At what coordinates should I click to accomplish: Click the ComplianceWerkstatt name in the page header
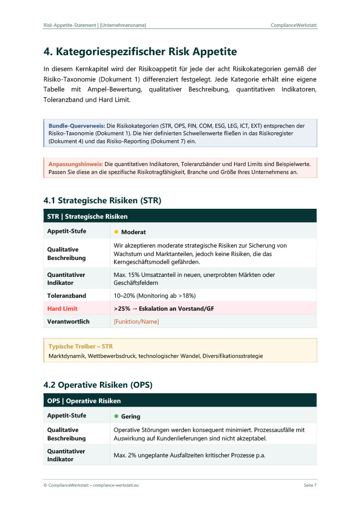pyautogui.click(x=294, y=25)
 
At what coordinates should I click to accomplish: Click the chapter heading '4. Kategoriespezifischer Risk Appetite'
pyautogui.click(x=140, y=52)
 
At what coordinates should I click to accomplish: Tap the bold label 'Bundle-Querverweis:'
pyautogui.click(x=77, y=126)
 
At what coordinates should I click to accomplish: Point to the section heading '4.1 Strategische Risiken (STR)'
pyautogui.click(x=102, y=200)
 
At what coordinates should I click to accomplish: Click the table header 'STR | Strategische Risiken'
pyautogui.click(x=87, y=216)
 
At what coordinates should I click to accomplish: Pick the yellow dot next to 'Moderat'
pyautogui.click(x=116, y=232)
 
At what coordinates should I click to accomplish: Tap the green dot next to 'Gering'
pyautogui.click(x=116, y=416)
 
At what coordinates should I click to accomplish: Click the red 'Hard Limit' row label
pyautogui.click(x=62, y=309)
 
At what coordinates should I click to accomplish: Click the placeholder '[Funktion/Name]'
pyautogui.click(x=136, y=322)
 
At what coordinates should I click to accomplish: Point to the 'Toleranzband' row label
pyautogui.click(x=66, y=296)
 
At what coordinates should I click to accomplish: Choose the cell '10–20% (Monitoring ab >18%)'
pyautogui.click(x=156, y=296)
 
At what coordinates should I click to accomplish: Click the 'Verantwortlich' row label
pyautogui.click(x=68, y=322)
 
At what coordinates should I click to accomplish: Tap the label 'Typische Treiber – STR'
pyautogui.click(x=81, y=346)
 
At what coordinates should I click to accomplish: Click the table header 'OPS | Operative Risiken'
pyautogui.click(x=84, y=401)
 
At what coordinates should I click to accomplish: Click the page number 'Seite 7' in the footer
pyautogui.click(x=310, y=485)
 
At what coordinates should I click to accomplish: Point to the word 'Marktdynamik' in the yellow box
pyautogui.click(x=67, y=356)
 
